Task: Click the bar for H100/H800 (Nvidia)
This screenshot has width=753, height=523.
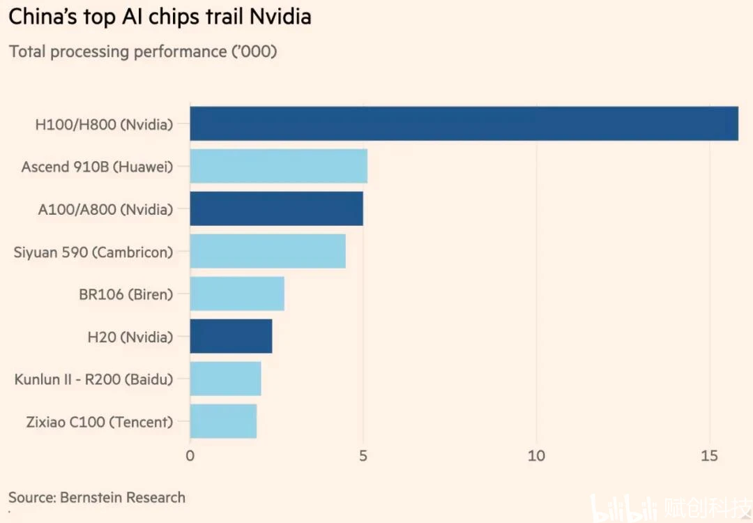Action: coord(464,123)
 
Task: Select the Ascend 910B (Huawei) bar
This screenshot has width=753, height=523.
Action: coord(278,166)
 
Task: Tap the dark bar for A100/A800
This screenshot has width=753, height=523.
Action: coord(276,209)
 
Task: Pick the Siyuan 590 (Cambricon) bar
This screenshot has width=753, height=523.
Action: coord(268,251)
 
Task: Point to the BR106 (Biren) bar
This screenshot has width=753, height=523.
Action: coord(237,294)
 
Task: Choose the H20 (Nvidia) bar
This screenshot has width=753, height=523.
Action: coord(231,336)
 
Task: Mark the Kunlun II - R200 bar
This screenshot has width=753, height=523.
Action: coord(225,379)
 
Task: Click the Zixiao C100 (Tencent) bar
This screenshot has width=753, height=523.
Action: coord(223,421)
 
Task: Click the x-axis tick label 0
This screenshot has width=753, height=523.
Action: coord(190,456)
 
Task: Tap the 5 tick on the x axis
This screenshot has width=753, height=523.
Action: coord(363,456)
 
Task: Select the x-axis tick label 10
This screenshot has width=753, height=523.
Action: coord(536,456)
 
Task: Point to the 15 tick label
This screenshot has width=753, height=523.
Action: coord(709,456)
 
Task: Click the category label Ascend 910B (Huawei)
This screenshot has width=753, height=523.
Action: coord(97,167)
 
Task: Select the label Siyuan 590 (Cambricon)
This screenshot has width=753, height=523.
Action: coord(93,252)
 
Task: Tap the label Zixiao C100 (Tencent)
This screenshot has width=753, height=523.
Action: coord(99,422)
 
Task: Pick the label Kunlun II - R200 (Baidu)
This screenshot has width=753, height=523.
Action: coord(93,379)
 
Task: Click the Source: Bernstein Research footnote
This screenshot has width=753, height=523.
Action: coord(97,497)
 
